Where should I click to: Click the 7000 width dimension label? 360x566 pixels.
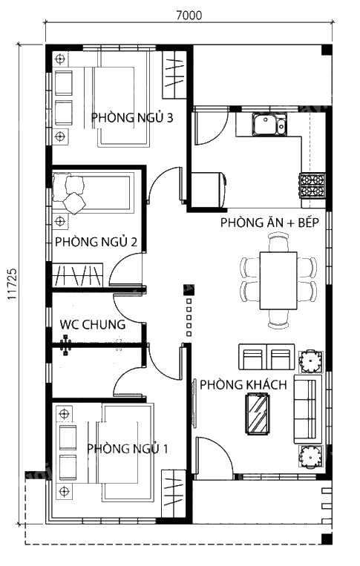(189, 15)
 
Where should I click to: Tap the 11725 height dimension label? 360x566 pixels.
(12, 284)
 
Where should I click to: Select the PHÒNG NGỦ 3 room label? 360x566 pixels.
(132, 118)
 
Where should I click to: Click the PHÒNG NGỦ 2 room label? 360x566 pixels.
(96, 242)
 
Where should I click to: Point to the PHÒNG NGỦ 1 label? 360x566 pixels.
(127, 449)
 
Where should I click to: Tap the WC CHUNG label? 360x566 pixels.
(93, 324)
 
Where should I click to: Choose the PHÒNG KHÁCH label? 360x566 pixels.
(243, 385)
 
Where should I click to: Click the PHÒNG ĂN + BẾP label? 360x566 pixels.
(269, 223)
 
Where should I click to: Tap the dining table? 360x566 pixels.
(278, 280)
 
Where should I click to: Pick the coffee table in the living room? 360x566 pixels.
(258, 413)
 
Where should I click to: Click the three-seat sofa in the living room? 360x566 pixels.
(307, 409)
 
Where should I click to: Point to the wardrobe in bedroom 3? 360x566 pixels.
(174, 75)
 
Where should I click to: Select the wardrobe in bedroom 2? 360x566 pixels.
(77, 275)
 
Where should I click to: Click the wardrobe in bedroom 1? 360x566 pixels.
(174, 493)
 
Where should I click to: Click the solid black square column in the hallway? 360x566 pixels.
(189, 289)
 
